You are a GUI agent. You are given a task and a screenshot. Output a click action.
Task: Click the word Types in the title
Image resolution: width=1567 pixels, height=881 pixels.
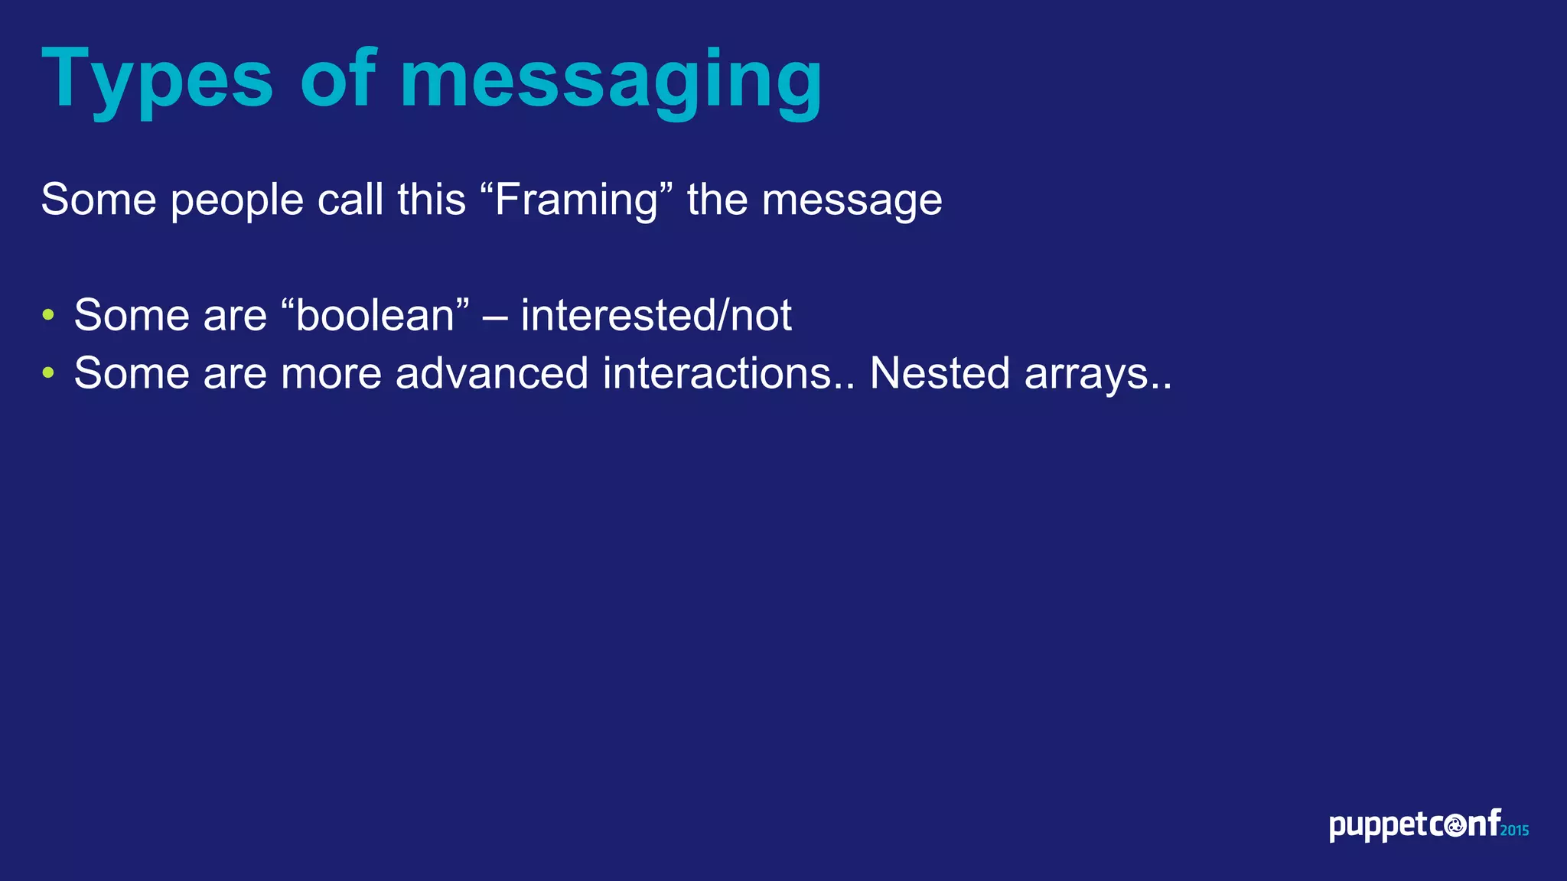pos(157,80)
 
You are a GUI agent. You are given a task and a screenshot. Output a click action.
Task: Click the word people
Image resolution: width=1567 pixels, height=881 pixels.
pos(237,201)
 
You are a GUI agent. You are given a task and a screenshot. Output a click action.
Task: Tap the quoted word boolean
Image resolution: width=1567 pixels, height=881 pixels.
pos(375,315)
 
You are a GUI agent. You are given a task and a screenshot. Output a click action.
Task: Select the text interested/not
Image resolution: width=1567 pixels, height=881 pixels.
pos(656,315)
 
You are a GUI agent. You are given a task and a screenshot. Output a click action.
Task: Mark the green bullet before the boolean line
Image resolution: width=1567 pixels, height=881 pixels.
pos(48,315)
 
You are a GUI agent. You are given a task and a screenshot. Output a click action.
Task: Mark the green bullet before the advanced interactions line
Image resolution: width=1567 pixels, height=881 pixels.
pos(48,373)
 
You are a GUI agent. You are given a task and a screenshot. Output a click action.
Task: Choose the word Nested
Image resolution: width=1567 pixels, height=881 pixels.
pos(940,373)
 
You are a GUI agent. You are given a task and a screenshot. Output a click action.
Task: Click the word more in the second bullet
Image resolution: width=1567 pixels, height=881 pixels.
pos(331,375)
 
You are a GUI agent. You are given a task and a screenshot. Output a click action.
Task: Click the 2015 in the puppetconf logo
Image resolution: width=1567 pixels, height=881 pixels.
pos(1514,831)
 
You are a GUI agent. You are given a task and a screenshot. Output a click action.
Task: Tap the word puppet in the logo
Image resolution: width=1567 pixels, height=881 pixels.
pos(1378,827)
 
